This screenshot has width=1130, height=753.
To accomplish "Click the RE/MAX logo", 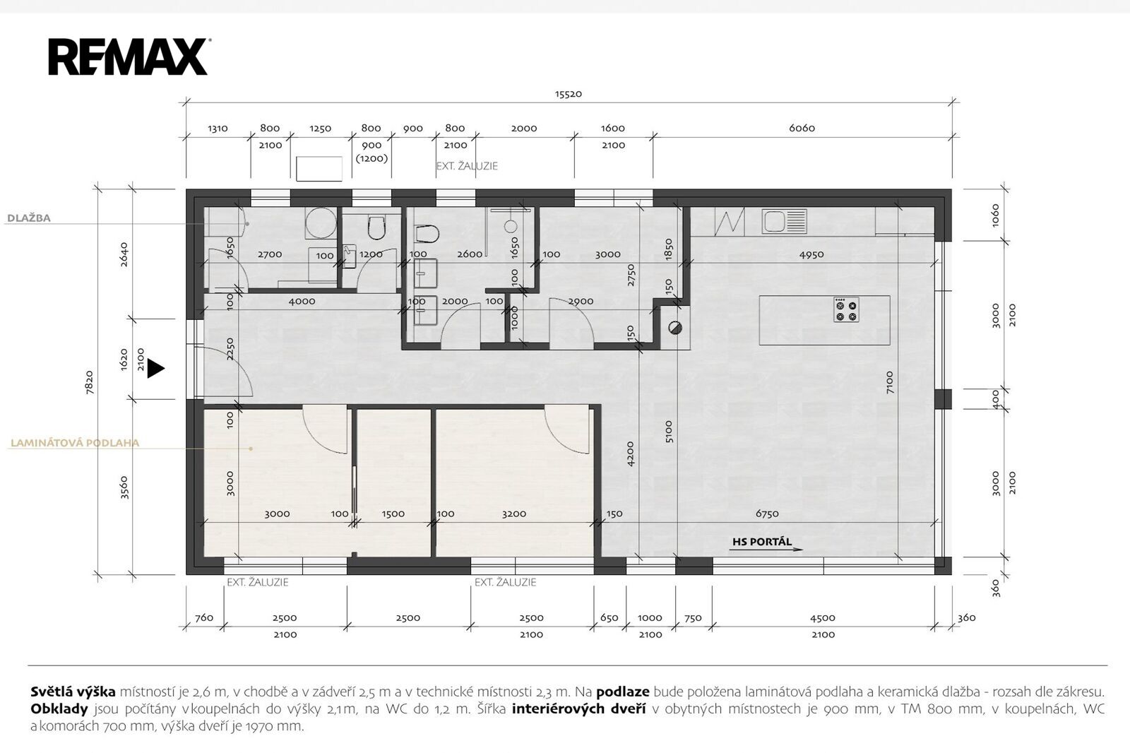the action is (x=129, y=57).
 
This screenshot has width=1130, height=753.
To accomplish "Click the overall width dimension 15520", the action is (x=569, y=94).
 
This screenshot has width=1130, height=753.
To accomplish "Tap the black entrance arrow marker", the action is (x=156, y=369).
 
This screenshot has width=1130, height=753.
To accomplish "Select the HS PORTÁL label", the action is (x=762, y=542).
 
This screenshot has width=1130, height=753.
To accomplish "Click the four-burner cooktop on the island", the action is (x=846, y=310).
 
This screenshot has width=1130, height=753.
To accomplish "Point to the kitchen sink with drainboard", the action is (x=785, y=221).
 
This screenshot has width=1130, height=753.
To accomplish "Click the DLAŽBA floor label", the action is (x=29, y=218).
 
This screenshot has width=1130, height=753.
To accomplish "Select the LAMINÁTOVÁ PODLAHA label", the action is (x=75, y=443).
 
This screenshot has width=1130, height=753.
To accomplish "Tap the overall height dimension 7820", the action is (x=89, y=382).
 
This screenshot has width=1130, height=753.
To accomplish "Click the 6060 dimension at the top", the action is (x=802, y=128).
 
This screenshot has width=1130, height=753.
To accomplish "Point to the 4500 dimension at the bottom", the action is (x=823, y=618).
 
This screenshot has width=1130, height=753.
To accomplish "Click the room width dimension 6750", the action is (x=767, y=514).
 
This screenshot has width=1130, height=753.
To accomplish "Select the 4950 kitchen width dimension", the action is (x=811, y=254).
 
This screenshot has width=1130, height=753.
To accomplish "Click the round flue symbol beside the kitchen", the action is (x=675, y=328).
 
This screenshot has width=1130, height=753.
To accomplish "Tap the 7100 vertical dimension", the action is (x=889, y=382).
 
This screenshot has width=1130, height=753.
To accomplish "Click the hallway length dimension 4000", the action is (x=302, y=302).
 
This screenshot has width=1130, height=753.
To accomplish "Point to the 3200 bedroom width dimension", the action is (x=514, y=514).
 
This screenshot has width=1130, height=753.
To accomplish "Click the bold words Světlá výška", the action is (x=73, y=692).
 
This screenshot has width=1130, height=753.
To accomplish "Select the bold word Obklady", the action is (x=59, y=708).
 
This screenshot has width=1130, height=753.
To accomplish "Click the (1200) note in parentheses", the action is (x=371, y=158).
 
